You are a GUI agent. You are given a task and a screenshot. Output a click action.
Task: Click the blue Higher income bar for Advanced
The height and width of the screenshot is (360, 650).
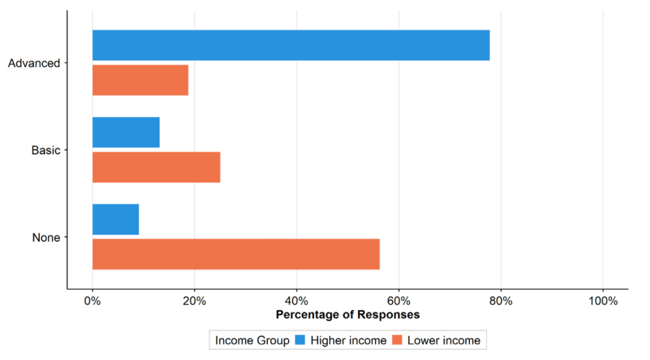pos(291,45)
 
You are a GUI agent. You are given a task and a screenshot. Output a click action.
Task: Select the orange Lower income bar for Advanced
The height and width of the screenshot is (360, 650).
pos(140,80)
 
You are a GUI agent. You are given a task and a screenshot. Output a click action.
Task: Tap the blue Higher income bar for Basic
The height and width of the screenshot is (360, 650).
pos(126,132)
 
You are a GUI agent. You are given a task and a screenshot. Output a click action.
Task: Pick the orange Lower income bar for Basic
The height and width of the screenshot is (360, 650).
pos(156,167)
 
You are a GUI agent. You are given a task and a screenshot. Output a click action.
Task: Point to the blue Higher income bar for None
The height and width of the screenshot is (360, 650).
pos(116,219)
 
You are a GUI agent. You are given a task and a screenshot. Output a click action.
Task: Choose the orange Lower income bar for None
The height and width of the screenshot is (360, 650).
pos(236,254)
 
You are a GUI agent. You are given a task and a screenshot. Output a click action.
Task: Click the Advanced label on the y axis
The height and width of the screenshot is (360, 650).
pos(34,63)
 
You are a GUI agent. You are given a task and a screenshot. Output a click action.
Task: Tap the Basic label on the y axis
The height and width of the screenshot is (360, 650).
pos(46,150)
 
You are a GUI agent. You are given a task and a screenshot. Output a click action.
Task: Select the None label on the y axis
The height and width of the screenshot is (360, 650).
pos(46,237)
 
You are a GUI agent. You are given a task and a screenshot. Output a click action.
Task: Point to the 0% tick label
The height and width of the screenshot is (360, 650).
pos(93,300)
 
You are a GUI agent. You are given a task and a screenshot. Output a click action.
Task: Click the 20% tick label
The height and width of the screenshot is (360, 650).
pos(194,300)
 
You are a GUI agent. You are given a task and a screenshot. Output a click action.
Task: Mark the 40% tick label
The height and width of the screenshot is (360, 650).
pos(297,300)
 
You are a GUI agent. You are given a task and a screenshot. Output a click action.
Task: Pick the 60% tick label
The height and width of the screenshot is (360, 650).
pos(399,300)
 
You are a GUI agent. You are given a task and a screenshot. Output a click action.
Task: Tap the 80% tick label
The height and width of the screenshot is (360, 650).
pos(501,300)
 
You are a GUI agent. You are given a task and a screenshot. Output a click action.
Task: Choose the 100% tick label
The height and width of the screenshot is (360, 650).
pos(603,300)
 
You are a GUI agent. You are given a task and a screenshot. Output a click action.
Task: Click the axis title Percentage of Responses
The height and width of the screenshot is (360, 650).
pos(348,315)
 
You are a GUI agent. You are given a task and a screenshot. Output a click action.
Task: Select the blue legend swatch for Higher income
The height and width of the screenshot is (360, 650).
pos(300,340)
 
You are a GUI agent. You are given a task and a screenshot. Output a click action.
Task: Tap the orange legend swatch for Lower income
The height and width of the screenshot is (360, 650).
pos(397,340)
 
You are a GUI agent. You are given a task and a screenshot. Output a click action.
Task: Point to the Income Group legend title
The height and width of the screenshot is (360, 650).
pos(252,341)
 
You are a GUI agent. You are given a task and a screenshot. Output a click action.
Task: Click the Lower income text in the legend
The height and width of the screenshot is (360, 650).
pos(444,341)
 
